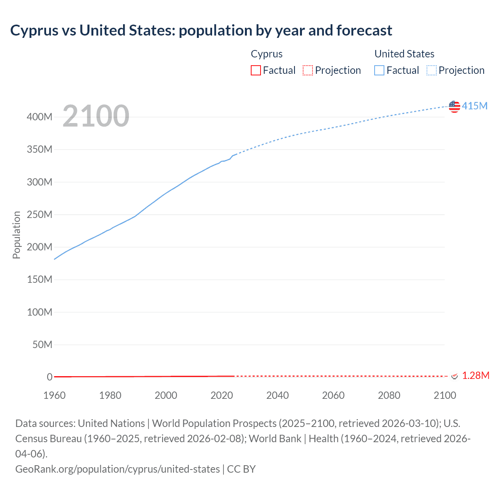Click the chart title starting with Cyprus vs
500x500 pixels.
201,30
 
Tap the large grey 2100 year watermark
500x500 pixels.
96,116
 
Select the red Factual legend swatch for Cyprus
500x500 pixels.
255,70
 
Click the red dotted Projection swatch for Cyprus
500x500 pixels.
308,70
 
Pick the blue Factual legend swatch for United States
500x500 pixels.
379,70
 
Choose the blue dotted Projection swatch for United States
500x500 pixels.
432,70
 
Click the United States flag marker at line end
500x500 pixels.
454,106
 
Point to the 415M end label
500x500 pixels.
475,106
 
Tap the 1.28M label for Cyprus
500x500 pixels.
475,375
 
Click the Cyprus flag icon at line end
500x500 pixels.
454,376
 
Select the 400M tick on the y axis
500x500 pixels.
39,117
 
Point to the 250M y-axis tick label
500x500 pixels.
39,214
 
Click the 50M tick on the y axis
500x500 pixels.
42,345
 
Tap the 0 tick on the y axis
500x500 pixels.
50,377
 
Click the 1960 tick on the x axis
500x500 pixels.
54,395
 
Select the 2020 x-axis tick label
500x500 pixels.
221,395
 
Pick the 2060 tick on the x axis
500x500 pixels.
333,395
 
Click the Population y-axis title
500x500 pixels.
16,235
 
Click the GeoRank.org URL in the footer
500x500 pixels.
117,469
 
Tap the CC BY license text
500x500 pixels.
241,469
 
